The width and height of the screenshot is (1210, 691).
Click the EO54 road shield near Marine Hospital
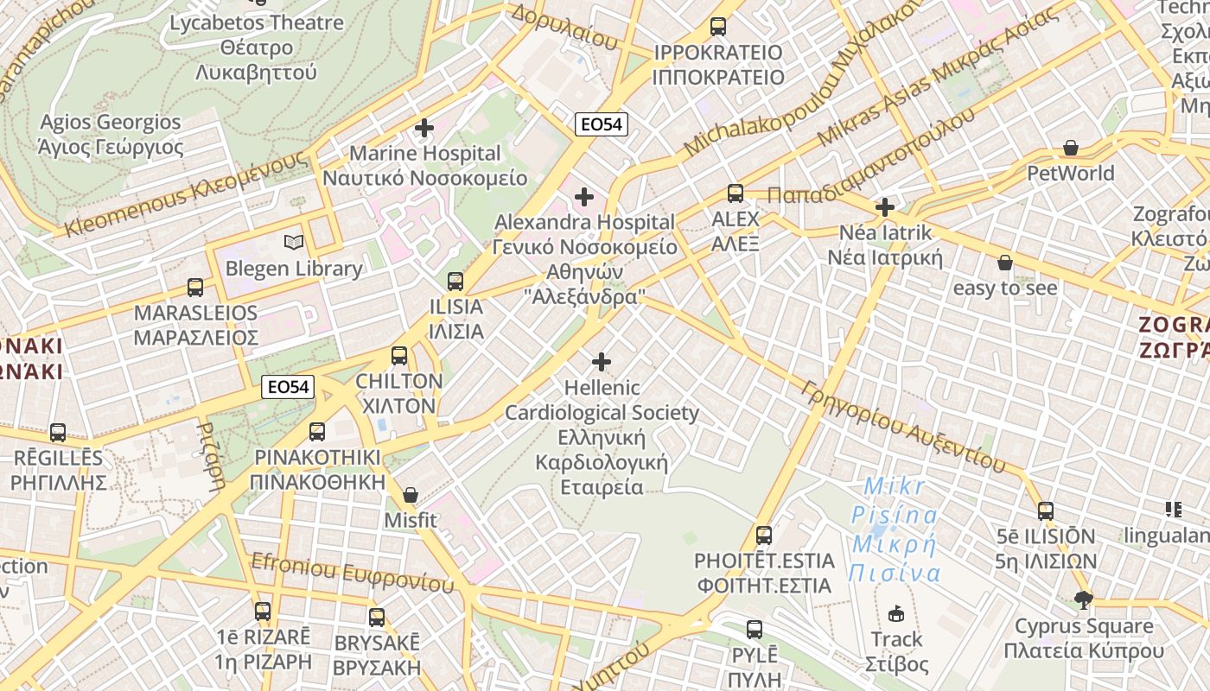click(602, 124)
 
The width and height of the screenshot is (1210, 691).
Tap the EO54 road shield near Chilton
click(288, 387)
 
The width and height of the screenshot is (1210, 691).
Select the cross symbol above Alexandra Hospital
click(584, 197)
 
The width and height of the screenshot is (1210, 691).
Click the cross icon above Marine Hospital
click(424, 128)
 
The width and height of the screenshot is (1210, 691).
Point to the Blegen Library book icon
click(294, 243)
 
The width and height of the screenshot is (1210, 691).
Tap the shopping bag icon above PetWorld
click(1071, 148)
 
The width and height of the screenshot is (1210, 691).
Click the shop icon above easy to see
click(1005, 262)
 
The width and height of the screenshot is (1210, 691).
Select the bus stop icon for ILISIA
click(455, 281)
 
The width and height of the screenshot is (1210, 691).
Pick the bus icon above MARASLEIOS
click(195, 288)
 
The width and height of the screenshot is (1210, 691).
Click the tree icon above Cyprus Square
click(1083, 599)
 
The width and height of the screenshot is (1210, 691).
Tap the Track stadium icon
click(896, 613)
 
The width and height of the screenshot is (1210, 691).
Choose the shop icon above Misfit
click(411, 495)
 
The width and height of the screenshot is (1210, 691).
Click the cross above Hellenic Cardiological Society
click(602, 362)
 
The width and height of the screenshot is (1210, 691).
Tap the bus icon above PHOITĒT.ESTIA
click(763, 536)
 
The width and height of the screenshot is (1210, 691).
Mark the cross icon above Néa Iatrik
click(884, 207)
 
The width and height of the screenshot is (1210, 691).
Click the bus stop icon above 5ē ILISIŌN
click(1046, 511)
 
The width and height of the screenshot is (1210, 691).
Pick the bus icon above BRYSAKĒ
click(377, 618)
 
